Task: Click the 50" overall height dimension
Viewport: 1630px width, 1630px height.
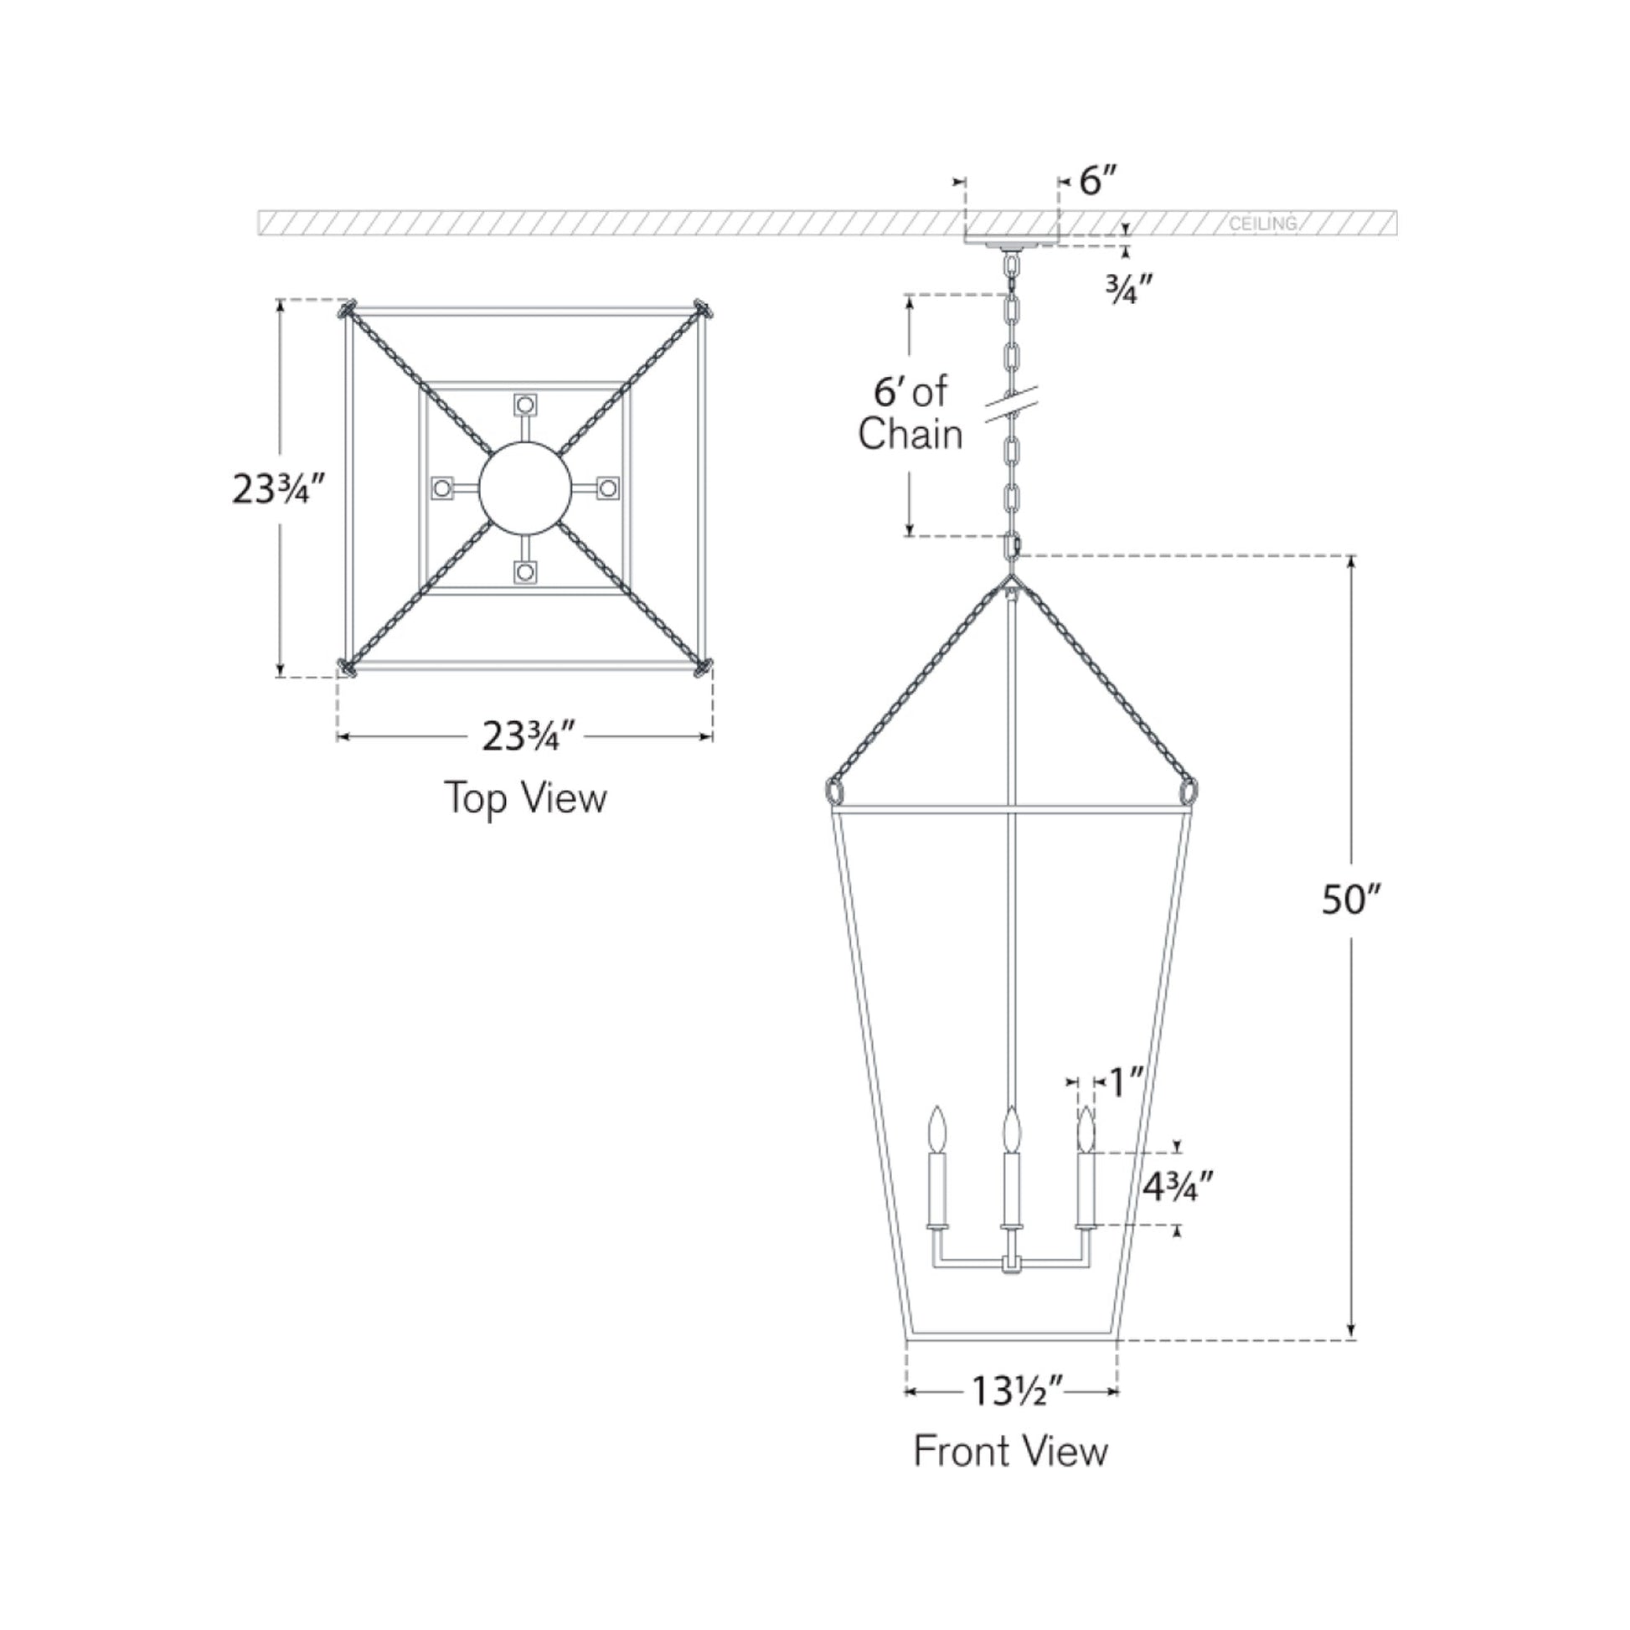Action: (x=1350, y=900)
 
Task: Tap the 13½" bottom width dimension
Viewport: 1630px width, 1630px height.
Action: (x=1018, y=1391)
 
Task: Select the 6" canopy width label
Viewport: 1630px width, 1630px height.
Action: (x=1098, y=181)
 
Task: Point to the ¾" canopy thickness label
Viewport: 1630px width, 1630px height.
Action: (x=1129, y=290)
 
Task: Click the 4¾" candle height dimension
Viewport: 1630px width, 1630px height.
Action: (x=1178, y=1187)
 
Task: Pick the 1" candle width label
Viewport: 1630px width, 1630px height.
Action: (x=1126, y=1083)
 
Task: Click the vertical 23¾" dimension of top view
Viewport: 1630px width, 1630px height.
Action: (x=278, y=488)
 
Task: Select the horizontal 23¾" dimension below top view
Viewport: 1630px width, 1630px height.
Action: (x=529, y=736)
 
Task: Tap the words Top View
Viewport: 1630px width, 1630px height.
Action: (x=525, y=798)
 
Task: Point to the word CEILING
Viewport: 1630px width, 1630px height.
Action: (x=1262, y=224)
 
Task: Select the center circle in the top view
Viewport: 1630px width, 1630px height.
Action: (x=525, y=488)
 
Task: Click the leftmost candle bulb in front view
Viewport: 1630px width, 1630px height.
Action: (x=936, y=1129)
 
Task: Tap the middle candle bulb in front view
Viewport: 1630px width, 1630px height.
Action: (x=1011, y=1129)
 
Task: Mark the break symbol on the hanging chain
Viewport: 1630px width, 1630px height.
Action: (x=1012, y=404)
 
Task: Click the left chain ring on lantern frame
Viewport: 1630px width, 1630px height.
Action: (x=834, y=792)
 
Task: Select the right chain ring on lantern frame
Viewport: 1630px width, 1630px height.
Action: (x=1188, y=792)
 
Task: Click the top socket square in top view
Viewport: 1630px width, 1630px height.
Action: (x=526, y=405)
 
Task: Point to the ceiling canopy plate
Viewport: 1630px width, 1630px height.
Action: (x=1011, y=240)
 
